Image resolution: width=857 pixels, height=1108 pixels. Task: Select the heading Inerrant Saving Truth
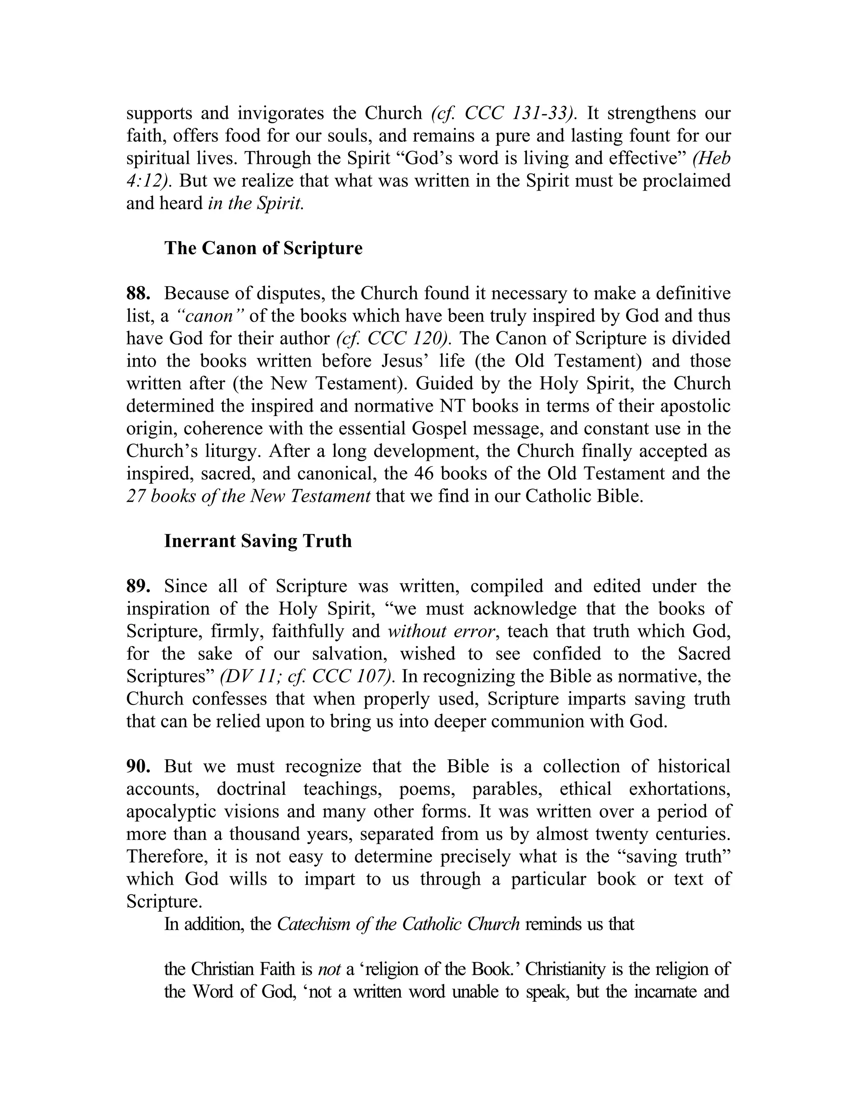click(x=257, y=541)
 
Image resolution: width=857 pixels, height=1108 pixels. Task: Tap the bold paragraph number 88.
click(x=138, y=294)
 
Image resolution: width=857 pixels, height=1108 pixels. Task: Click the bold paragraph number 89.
click(x=138, y=587)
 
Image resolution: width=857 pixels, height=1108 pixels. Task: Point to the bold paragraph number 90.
click(x=138, y=766)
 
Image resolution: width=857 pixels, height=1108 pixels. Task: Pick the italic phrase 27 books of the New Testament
click(x=248, y=496)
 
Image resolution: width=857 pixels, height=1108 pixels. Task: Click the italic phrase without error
click(x=441, y=632)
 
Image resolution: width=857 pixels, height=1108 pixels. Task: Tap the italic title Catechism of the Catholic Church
click(x=398, y=924)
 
